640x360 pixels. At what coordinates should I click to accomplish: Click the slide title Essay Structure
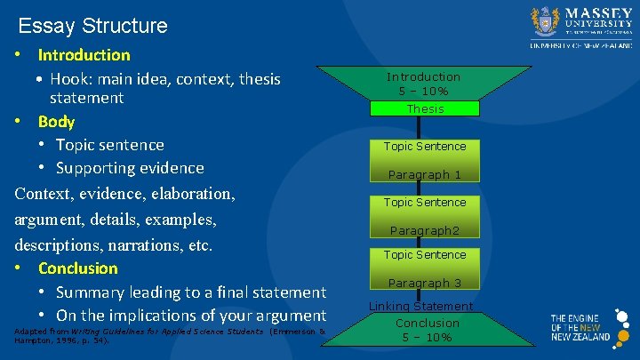[92, 26]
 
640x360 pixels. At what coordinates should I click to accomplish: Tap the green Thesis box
[425, 108]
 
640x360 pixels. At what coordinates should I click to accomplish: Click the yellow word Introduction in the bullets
[84, 55]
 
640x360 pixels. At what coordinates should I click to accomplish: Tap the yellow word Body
[56, 122]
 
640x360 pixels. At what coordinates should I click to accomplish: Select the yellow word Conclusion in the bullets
[77, 268]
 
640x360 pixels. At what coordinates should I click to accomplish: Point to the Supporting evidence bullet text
[130, 168]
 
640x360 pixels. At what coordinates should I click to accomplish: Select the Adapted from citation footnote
[169, 335]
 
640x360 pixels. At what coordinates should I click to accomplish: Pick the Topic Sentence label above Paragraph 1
[425, 146]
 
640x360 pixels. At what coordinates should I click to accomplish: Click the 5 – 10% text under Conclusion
[428, 337]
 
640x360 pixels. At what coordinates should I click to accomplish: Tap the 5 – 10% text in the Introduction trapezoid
[423, 92]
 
